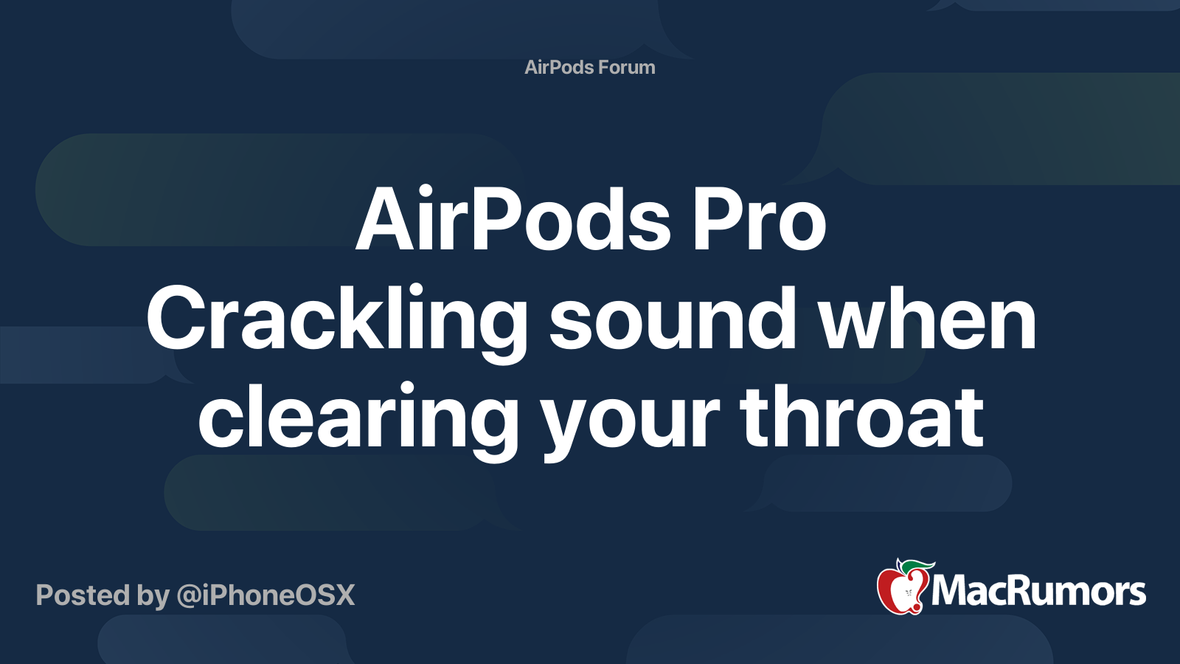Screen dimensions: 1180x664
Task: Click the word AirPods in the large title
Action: pyautogui.click(x=513, y=218)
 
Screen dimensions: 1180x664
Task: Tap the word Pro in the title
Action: pyautogui.click(x=759, y=218)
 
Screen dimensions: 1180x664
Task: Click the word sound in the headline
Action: pyautogui.click(x=673, y=317)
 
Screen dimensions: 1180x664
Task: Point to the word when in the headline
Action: pyautogui.click(x=928, y=317)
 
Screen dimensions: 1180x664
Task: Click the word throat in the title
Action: pyautogui.click(x=862, y=416)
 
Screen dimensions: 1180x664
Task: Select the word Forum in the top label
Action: pyautogui.click(x=627, y=67)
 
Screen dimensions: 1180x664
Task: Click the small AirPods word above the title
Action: pyautogui.click(x=560, y=67)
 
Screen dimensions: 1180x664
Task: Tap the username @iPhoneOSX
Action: pyautogui.click(x=266, y=595)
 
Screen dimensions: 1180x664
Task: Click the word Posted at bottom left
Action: pyautogui.click(x=83, y=595)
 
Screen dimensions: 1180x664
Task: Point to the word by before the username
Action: pyautogui.click(x=153, y=597)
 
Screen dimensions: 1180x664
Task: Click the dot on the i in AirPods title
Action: pyautogui.click(x=425, y=190)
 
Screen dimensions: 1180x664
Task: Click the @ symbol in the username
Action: pyautogui.click(x=189, y=597)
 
